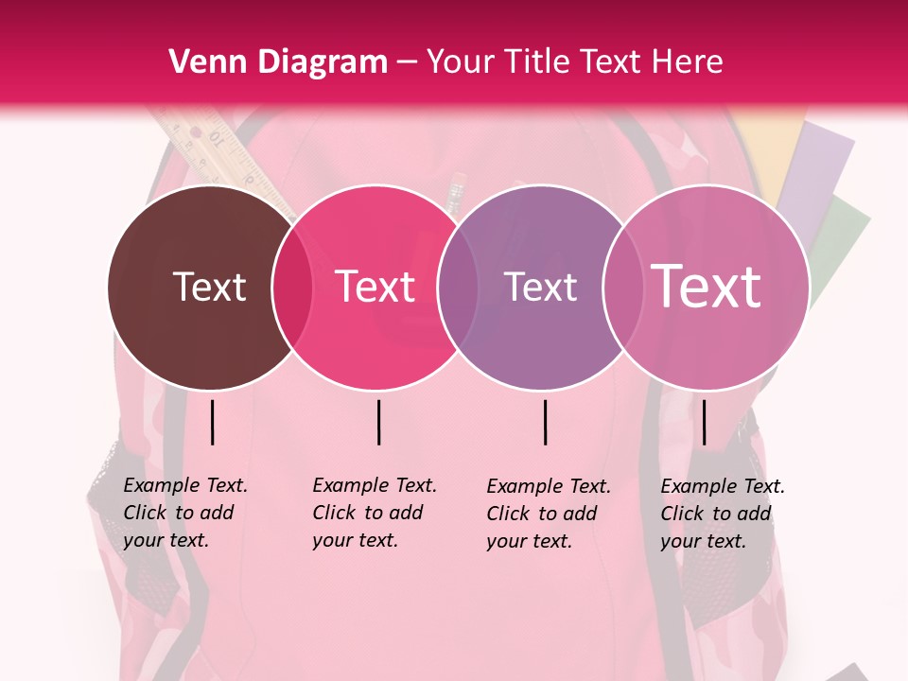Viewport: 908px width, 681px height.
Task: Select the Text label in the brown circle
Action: tap(209, 287)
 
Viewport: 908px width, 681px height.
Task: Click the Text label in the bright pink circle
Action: tap(375, 287)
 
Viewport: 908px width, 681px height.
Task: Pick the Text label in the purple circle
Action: tap(540, 287)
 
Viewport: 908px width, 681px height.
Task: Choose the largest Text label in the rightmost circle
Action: tap(707, 287)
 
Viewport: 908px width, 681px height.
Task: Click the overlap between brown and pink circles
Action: tap(292, 288)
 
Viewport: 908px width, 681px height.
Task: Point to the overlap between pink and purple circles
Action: tap(458, 288)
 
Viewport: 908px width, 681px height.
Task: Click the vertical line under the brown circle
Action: tap(213, 422)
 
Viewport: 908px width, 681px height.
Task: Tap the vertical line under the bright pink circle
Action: tap(378, 422)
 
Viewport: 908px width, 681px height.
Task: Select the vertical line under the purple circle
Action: tap(546, 422)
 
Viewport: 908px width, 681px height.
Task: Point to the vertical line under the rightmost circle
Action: tap(704, 422)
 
